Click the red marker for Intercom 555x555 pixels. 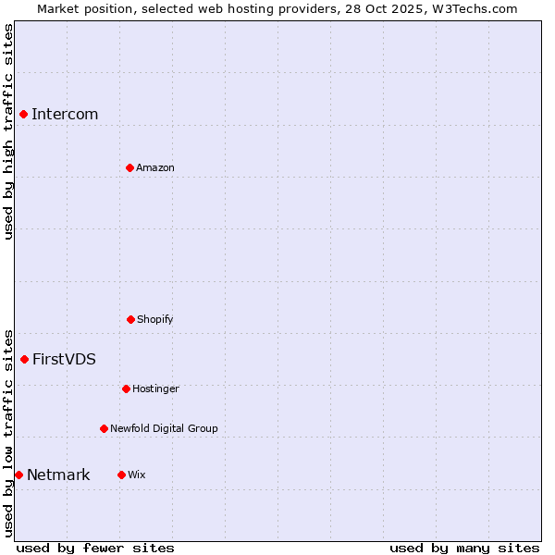pyautogui.click(x=24, y=114)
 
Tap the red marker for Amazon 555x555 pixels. pyautogui.click(x=129, y=167)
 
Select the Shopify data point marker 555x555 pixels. pyautogui.click(x=130, y=319)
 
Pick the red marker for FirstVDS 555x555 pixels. pyautogui.click(x=25, y=359)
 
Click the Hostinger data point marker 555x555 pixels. pyautogui.click(x=126, y=388)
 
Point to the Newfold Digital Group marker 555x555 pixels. pyautogui.click(x=104, y=428)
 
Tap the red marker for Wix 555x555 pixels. pyautogui.click(x=121, y=475)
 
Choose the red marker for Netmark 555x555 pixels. pyautogui.click(x=18, y=475)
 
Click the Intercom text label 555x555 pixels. pyautogui.click(x=65, y=115)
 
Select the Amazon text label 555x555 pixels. pyautogui.click(x=155, y=167)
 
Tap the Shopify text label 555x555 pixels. pyautogui.click(x=155, y=319)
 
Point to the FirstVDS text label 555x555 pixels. pyautogui.click(x=64, y=360)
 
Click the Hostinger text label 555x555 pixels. pyautogui.click(x=155, y=388)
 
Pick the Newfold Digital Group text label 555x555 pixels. pyautogui.click(x=164, y=428)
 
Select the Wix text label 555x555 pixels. pyautogui.click(x=137, y=475)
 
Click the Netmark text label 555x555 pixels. pyautogui.click(x=58, y=475)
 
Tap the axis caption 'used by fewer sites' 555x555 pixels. pyautogui.click(x=95, y=548)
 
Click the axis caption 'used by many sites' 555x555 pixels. pyautogui.click(x=464, y=548)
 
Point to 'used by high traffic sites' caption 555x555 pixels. pyautogui.click(x=8, y=131)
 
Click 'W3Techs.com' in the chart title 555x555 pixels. pyautogui.click(x=475, y=8)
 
